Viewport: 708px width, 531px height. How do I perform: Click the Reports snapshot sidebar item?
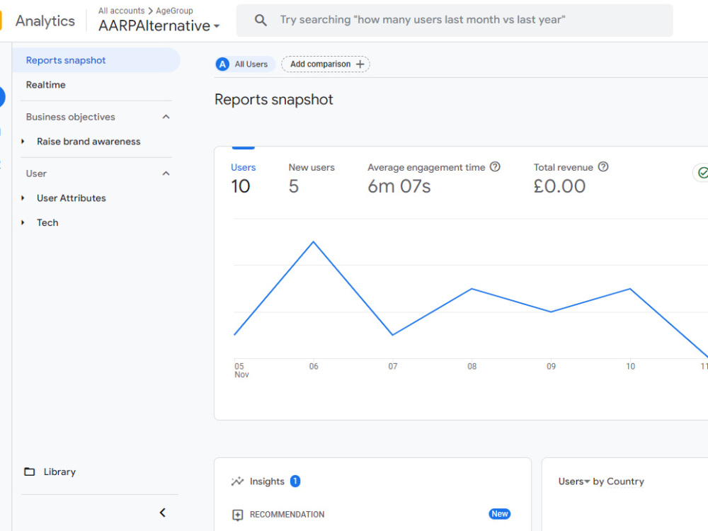click(66, 60)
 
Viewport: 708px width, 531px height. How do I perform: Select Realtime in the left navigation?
click(45, 85)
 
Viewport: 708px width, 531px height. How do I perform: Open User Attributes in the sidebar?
click(72, 198)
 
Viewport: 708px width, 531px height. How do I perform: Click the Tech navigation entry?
click(47, 222)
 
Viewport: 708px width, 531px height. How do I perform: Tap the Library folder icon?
click(29, 472)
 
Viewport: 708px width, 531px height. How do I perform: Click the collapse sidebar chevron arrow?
click(163, 513)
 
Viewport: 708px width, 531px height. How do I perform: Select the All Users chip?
click(245, 64)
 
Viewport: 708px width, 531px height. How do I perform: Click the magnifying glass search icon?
click(261, 20)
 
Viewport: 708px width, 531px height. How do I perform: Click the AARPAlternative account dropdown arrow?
click(217, 26)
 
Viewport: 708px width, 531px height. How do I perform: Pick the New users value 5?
click(294, 186)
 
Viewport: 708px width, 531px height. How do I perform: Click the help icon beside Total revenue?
click(603, 167)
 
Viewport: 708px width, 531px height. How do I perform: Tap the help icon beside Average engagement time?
click(496, 167)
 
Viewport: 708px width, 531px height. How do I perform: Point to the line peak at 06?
click(314, 242)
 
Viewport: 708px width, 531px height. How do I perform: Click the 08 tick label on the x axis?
click(472, 367)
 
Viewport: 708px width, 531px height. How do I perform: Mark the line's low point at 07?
click(393, 335)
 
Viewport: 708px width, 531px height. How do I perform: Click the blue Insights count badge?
click(295, 481)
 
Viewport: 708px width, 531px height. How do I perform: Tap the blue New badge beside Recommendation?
click(499, 514)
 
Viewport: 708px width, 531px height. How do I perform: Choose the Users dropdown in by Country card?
click(574, 481)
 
